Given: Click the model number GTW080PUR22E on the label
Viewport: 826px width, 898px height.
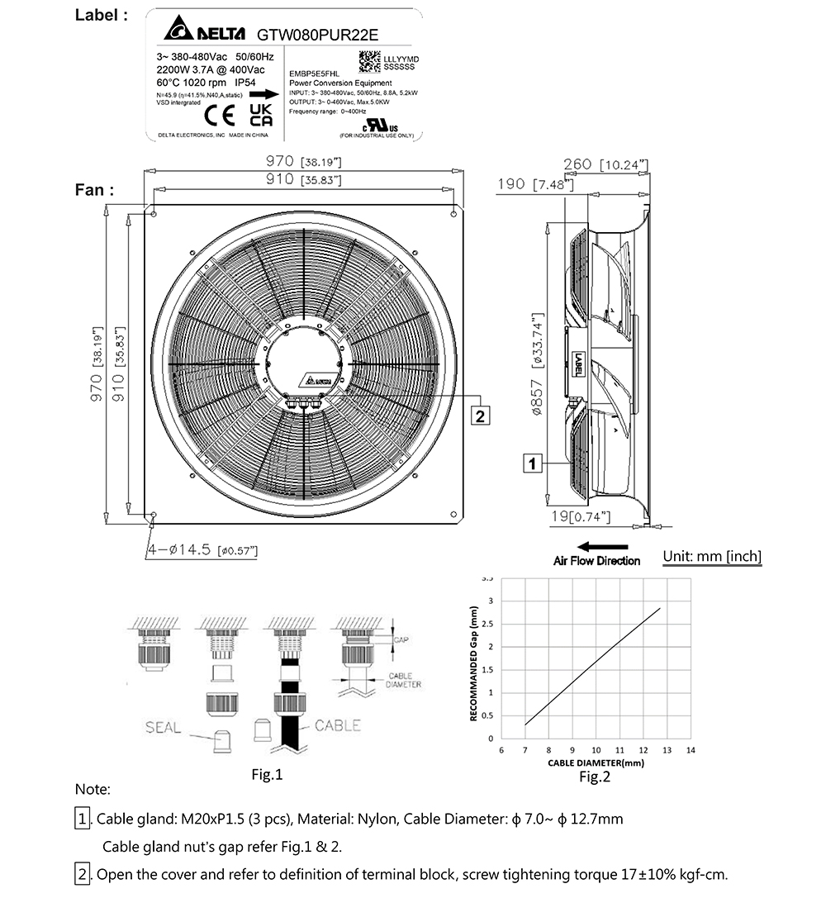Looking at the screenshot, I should tap(319, 34).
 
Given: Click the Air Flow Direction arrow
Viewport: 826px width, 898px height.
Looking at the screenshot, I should tap(602, 546).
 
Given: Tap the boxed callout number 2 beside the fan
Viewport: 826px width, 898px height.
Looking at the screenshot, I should tap(481, 415).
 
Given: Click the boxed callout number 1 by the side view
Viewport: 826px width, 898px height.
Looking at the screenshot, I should tap(533, 463).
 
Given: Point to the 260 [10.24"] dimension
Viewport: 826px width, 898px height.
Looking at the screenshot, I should tap(605, 164).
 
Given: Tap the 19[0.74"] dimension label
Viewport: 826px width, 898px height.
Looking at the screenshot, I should tap(581, 517).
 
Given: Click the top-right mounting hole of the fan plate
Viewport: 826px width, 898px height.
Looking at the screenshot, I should tap(453, 214).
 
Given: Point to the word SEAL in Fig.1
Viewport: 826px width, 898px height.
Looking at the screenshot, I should tap(163, 728).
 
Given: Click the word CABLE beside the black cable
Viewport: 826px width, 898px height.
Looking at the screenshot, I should tap(337, 725).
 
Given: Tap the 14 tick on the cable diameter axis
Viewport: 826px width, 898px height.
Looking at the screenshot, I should tap(691, 750).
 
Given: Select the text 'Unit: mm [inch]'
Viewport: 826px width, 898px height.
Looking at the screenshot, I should tap(712, 557).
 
